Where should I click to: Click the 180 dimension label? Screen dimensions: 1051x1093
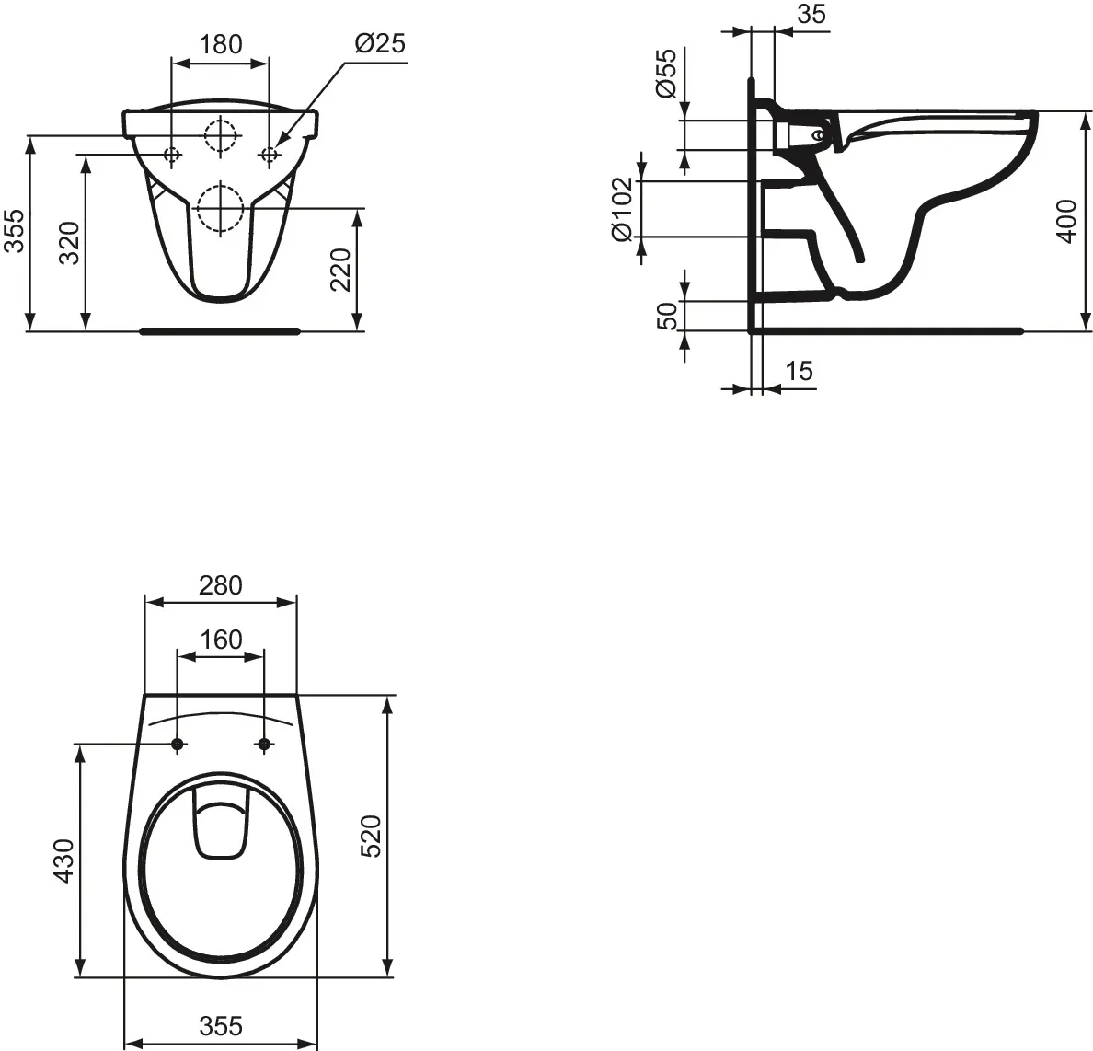tap(221, 43)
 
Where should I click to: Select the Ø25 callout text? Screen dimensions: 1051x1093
tap(379, 43)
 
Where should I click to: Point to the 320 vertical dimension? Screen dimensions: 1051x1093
tap(70, 244)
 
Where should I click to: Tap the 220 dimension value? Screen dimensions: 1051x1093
tap(340, 269)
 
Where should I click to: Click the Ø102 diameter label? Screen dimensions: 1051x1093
tap(623, 209)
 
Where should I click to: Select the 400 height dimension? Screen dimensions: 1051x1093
tap(1066, 221)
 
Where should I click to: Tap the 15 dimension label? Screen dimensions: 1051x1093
tap(800, 371)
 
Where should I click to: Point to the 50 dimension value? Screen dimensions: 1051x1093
tap(667, 315)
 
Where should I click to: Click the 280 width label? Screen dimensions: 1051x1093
tap(220, 584)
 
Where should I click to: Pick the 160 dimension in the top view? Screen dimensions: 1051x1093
tap(220, 639)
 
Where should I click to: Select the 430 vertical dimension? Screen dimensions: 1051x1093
tap(63, 860)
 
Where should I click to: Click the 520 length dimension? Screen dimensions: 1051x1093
tap(371, 836)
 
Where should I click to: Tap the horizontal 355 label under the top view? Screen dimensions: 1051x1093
tap(220, 1025)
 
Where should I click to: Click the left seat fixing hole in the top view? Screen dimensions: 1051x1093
tap(177, 743)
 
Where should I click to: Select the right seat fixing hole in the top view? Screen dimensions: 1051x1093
tap(265, 743)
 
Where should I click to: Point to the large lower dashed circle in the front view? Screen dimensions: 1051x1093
tap(220, 207)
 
